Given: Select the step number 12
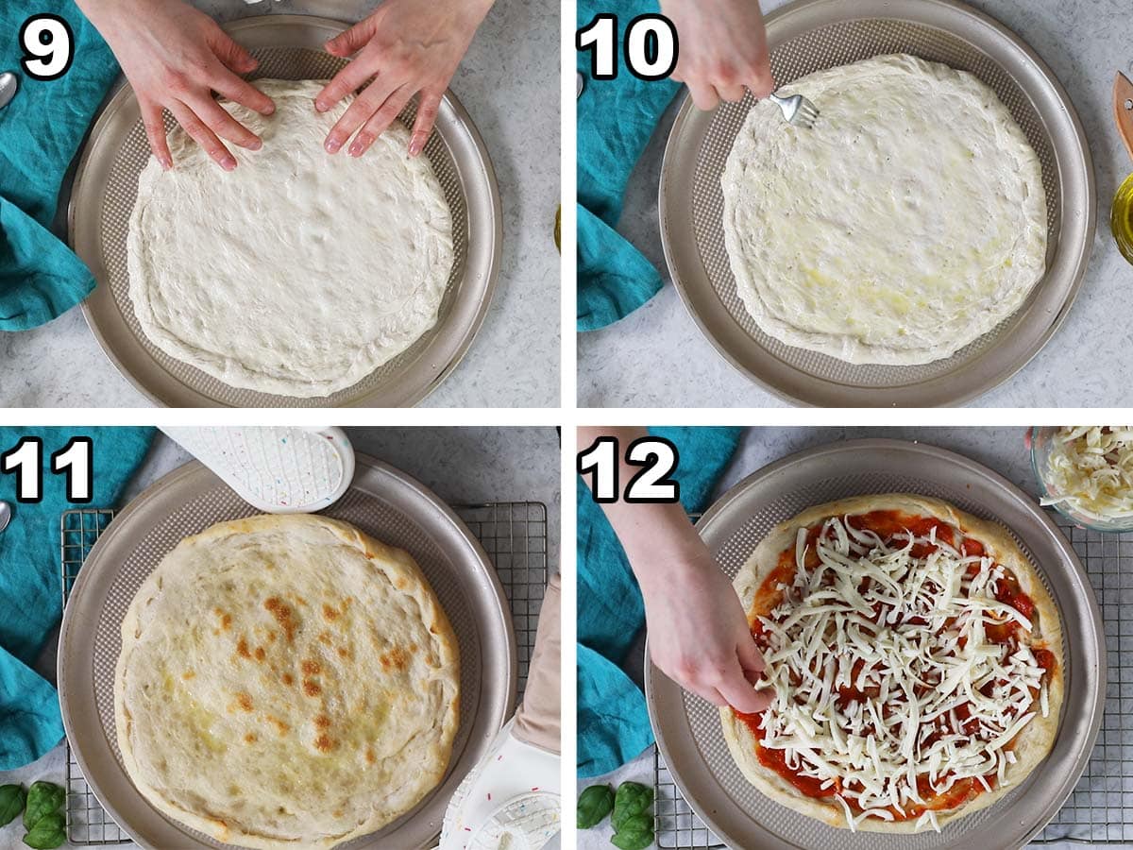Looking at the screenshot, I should click(628, 469).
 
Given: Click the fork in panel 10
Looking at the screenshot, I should click(791, 109).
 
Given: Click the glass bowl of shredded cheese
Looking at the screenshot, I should click(1086, 472).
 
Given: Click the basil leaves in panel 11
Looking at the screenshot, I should click(33, 812).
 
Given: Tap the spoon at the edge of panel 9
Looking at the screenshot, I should click(7, 90).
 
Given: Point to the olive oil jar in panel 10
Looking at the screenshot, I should click(1123, 217).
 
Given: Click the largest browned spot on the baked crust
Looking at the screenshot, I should click(280, 614).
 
